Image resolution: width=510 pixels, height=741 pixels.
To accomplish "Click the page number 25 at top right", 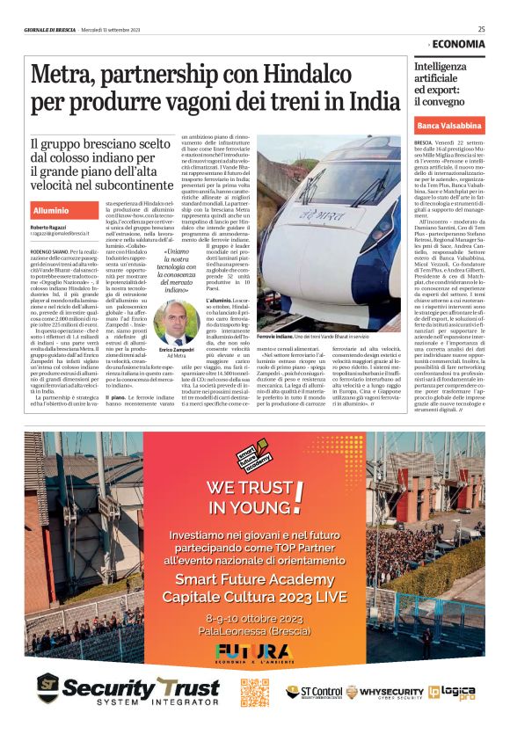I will [481, 29].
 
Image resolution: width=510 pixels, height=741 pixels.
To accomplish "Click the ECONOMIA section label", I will [457, 44].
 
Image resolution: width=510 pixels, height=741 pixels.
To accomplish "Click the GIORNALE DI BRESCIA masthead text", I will [51, 29].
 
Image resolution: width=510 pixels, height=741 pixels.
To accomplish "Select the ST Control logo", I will [314, 692].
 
